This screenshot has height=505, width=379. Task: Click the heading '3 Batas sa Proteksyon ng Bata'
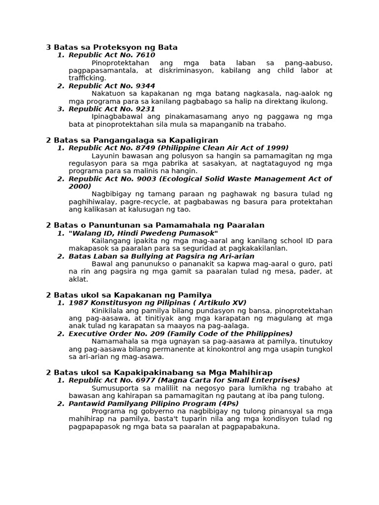click(x=112, y=47)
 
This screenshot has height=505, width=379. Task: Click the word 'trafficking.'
click(x=87, y=78)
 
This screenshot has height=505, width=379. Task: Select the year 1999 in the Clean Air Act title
click(x=278, y=148)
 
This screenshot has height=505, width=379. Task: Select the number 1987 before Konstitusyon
click(x=78, y=303)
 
